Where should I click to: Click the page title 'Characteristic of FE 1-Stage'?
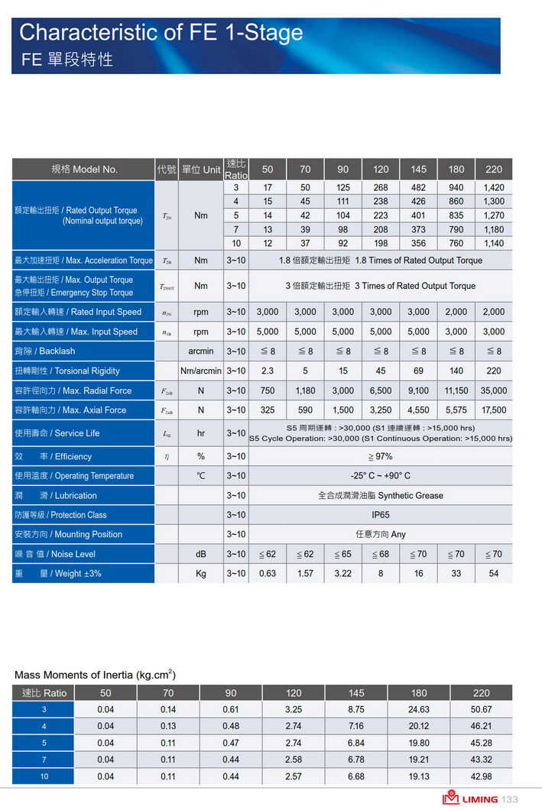161,33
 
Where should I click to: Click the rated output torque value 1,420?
494,188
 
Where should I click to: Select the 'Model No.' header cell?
84,170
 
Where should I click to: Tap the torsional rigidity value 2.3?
267,371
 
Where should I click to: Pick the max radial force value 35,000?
494,390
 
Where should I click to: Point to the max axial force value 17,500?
494,410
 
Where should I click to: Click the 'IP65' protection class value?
380,515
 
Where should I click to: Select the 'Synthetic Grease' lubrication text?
380,495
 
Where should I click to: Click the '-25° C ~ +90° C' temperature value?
380,476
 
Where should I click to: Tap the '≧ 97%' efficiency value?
380,456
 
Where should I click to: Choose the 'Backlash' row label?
45,352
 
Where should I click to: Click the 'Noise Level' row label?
54,554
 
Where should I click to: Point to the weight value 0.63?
267,574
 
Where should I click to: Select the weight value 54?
494,574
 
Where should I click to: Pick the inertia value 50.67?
481,710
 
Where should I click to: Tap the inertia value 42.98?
481,776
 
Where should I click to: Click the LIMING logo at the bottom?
469,799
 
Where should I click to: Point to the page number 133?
510,799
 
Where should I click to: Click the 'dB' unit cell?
201,554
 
